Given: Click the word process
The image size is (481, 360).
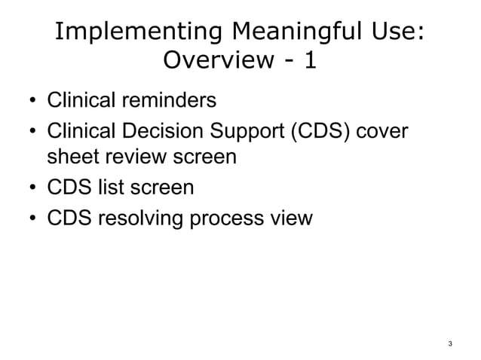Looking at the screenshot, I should (x=222, y=219).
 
